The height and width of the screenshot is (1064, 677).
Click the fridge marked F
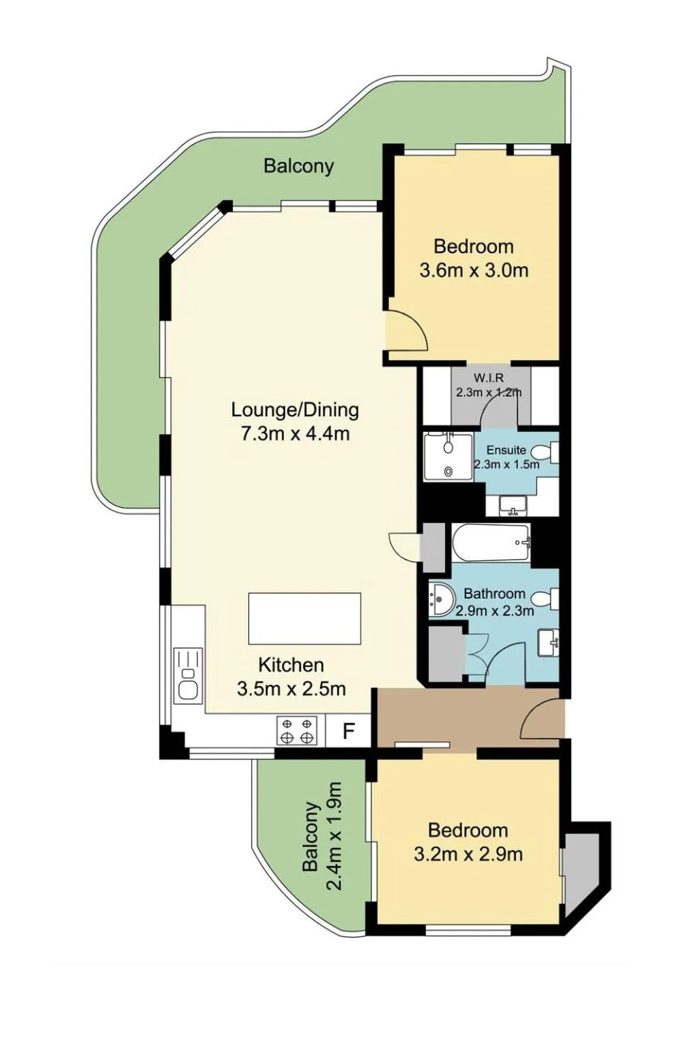(x=349, y=731)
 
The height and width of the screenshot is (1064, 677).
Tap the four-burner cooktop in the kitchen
(x=297, y=731)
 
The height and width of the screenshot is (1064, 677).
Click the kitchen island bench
(x=304, y=618)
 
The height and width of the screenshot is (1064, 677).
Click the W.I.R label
(x=489, y=378)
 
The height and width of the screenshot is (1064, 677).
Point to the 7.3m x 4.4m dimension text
(x=295, y=433)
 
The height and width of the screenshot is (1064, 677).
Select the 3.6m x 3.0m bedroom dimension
(x=474, y=270)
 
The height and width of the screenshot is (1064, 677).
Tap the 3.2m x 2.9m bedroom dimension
(x=468, y=854)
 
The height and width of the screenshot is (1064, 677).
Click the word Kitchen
(x=291, y=665)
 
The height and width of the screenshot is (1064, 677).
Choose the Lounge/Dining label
(x=295, y=409)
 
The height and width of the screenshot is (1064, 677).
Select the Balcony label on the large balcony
(x=299, y=166)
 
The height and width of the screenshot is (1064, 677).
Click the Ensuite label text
(x=506, y=450)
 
